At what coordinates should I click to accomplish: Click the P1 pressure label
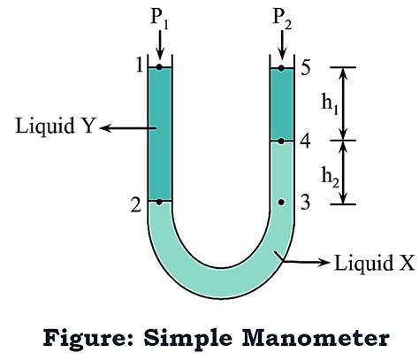[159, 17]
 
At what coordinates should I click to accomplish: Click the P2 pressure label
[281, 17]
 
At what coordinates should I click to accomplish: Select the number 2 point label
[135, 204]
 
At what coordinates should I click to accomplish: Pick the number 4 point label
[305, 141]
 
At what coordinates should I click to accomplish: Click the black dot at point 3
[281, 203]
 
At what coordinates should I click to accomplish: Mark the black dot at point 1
[159, 67]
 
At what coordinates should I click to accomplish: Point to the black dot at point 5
[281, 67]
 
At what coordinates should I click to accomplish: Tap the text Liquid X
[365, 263]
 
